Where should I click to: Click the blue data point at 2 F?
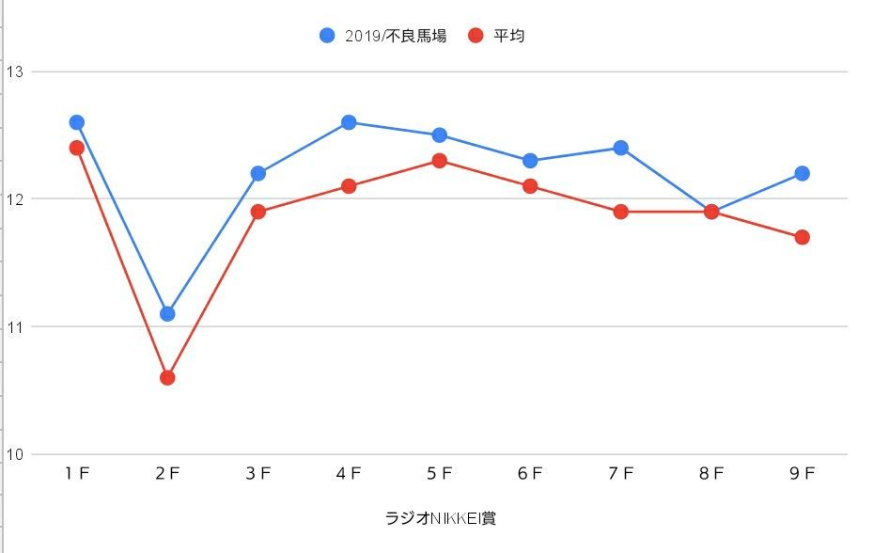pyautogui.click(x=167, y=313)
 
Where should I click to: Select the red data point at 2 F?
pyautogui.click(x=167, y=377)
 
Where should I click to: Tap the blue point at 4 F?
pyautogui.click(x=349, y=122)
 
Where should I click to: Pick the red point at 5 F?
pyautogui.click(x=439, y=161)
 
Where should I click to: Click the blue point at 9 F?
pyautogui.click(x=802, y=173)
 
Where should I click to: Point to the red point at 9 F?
pyautogui.click(x=802, y=237)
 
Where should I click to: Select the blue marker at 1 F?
pyautogui.click(x=77, y=122)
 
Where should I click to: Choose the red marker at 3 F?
pyautogui.click(x=258, y=212)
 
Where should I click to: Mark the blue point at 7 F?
pyautogui.click(x=620, y=148)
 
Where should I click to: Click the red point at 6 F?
pyautogui.click(x=530, y=186)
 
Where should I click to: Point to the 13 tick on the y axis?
pyautogui.click(x=14, y=71)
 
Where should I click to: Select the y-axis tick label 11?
pyautogui.click(x=14, y=326)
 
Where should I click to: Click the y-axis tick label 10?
pyautogui.click(x=14, y=455)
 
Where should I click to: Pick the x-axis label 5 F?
pyautogui.click(x=439, y=475)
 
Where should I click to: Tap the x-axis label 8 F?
pyautogui.click(x=711, y=475)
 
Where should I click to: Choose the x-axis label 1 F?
pyautogui.click(x=77, y=475)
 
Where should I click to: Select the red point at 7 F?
pyautogui.click(x=620, y=212)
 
